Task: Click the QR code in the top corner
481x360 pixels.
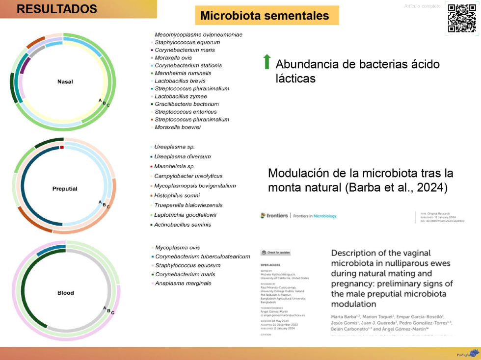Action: point(462,18)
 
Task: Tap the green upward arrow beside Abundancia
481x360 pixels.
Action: point(267,62)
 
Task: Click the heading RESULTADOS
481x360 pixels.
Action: point(57,9)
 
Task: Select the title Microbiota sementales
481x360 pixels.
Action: point(265,16)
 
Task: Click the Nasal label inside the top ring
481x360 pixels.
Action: point(61,81)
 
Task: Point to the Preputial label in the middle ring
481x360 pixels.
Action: point(65,188)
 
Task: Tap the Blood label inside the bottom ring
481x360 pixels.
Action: point(65,293)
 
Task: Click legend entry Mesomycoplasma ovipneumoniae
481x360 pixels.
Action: point(198,35)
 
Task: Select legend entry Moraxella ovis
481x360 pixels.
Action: point(173,58)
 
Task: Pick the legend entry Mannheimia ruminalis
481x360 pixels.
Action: point(183,73)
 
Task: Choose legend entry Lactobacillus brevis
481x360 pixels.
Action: point(180,81)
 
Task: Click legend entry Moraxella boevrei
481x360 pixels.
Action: point(177,127)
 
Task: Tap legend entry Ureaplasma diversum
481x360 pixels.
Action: point(182,156)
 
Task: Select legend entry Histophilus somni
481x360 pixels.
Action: point(178,195)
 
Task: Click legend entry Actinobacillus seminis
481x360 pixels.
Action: point(183,225)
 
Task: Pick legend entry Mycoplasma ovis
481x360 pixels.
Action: point(177,248)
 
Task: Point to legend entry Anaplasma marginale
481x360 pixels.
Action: point(183,283)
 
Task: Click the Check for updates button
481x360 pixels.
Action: point(276,253)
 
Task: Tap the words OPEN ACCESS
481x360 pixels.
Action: point(270,264)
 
